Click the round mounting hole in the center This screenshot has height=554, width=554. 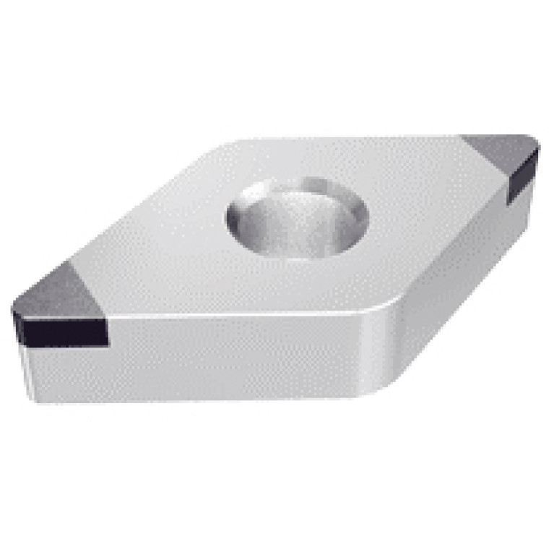[x=296, y=217]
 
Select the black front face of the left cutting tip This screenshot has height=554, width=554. [x=61, y=330]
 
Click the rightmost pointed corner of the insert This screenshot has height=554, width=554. [x=538, y=148]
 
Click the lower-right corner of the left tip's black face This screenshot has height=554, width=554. [x=107, y=342]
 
